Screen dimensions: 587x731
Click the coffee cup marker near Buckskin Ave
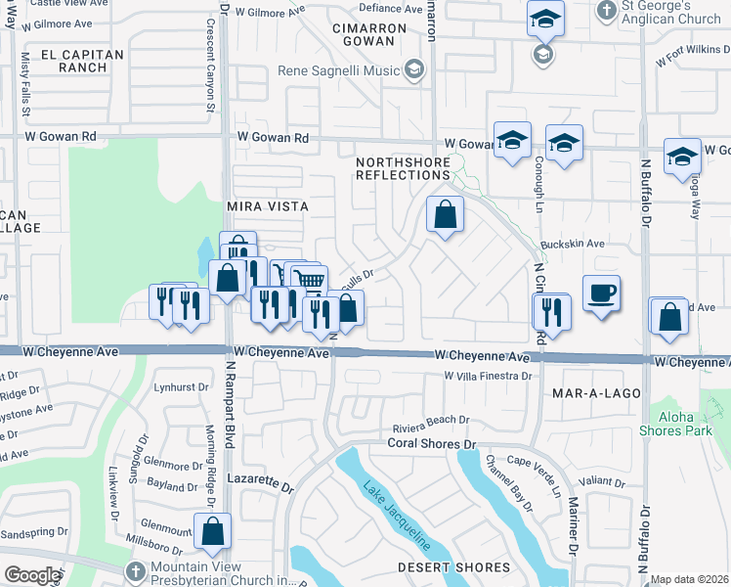pos(600,293)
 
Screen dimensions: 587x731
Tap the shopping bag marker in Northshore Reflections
pos(445,215)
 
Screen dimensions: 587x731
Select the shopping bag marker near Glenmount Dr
pos(212,532)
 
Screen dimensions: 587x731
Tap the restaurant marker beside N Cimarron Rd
pos(551,313)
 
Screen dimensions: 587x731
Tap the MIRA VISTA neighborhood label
pos(267,206)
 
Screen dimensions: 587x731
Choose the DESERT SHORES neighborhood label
pos(453,567)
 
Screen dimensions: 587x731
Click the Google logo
pos(32,575)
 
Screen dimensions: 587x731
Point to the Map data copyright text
pos(690,579)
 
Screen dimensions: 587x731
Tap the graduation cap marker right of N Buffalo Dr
pos(681,158)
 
